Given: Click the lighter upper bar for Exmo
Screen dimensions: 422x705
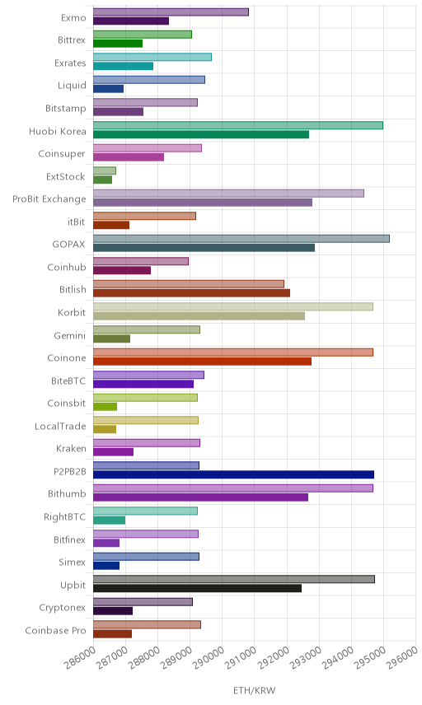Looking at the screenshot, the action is click(171, 12).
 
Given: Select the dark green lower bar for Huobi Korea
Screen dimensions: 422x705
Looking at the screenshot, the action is click(201, 134).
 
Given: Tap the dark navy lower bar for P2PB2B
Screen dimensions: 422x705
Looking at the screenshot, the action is click(233, 474).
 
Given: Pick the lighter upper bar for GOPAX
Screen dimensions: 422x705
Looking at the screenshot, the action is click(241, 239).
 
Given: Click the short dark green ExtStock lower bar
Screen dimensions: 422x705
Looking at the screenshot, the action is click(102, 180).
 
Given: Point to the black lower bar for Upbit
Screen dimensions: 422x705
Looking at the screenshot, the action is click(198, 588).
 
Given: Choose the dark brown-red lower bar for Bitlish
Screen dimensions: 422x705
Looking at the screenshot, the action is click(192, 293).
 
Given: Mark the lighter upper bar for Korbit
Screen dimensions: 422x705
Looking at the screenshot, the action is click(233, 306).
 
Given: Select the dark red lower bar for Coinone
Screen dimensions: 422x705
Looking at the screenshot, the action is click(203, 362).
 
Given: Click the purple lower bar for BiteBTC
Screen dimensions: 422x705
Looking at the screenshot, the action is click(143, 384).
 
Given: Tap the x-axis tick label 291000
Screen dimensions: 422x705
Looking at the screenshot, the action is click(241, 658).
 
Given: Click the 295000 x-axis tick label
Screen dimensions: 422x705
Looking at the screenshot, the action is click(369, 658).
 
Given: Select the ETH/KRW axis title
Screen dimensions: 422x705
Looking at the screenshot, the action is click(254, 691).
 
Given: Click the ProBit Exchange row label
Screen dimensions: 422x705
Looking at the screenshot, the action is click(49, 198).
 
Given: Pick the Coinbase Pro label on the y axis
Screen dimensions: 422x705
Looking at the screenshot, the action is click(55, 630).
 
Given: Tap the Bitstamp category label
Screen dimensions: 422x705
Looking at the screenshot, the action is click(66, 109).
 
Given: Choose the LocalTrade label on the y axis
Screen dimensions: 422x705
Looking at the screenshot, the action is click(60, 426).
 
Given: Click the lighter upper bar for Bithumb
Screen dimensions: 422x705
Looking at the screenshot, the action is click(233, 488).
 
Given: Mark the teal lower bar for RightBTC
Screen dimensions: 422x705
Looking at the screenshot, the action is click(110, 521).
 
